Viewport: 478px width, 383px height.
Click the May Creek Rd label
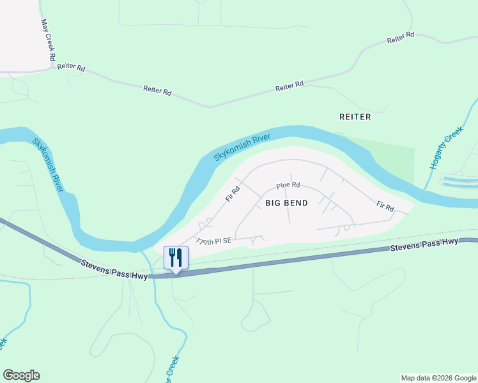[46, 40]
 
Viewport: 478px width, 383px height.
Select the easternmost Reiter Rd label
[401, 38]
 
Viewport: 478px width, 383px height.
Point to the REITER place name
[355, 117]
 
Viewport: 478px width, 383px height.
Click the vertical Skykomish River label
[48, 164]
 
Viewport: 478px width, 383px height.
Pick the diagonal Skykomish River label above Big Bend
[242, 147]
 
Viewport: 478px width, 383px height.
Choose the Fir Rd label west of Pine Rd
[232, 194]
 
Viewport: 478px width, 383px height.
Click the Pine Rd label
[288, 185]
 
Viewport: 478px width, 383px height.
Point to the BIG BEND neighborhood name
[286, 203]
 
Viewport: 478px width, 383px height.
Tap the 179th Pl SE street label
[213, 241]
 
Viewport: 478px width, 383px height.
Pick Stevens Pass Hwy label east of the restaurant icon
[424, 244]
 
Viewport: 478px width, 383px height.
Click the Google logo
[21, 375]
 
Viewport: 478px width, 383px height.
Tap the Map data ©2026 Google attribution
[438, 378]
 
